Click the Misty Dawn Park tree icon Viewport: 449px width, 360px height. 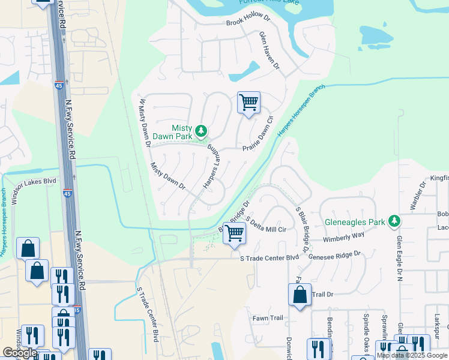point(202,130)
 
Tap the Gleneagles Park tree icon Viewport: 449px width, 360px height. point(394,221)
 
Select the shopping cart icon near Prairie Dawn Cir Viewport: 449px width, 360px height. point(249,103)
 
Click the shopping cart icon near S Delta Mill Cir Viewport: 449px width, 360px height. point(234,232)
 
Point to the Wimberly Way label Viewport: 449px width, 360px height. point(343,237)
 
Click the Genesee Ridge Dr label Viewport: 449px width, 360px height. point(334,254)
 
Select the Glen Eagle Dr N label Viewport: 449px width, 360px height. point(399,259)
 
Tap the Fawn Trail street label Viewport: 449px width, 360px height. point(267,318)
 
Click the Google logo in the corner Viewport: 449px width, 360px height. point(20,353)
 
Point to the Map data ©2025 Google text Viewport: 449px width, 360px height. point(412,355)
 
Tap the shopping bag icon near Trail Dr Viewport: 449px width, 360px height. point(299,295)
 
